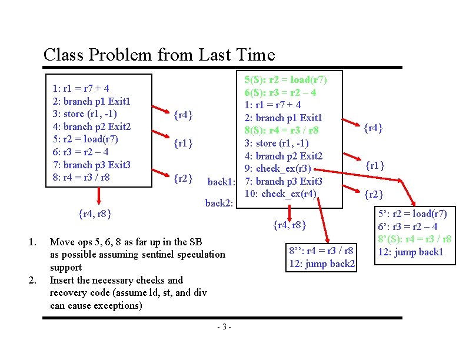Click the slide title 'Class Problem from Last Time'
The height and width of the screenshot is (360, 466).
pyautogui.click(x=159, y=55)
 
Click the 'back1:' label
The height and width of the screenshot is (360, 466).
pyautogui.click(x=222, y=182)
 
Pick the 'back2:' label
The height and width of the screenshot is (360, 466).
pyautogui.click(x=219, y=204)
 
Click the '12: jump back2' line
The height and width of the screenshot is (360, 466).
pyautogui.click(x=322, y=264)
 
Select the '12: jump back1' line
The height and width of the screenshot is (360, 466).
pyautogui.click(x=410, y=252)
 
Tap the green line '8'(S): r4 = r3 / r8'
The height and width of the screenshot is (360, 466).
pyautogui.click(x=415, y=239)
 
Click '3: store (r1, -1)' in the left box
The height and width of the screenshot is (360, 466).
pyautogui.click(x=85, y=114)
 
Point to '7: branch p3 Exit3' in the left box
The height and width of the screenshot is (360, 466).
pyautogui.click(x=91, y=164)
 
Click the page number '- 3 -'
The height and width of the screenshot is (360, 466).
pyautogui.click(x=224, y=327)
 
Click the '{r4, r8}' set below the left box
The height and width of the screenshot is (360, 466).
pyautogui.click(x=95, y=213)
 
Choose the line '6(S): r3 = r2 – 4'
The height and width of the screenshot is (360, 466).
pyautogui.click(x=281, y=92)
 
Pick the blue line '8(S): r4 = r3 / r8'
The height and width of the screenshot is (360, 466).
pyautogui.click(x=281, y=131)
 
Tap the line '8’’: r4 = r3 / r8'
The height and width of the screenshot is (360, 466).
pyautogui.click(x=321, y=251)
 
